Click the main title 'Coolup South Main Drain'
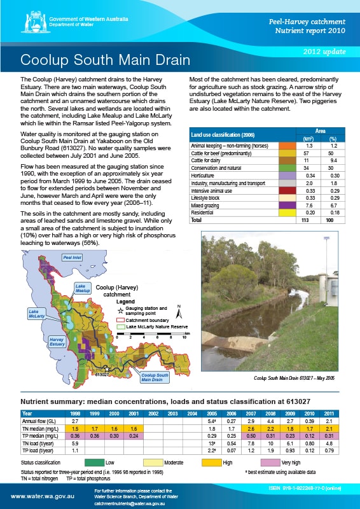106,60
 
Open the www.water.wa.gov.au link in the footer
39,495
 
